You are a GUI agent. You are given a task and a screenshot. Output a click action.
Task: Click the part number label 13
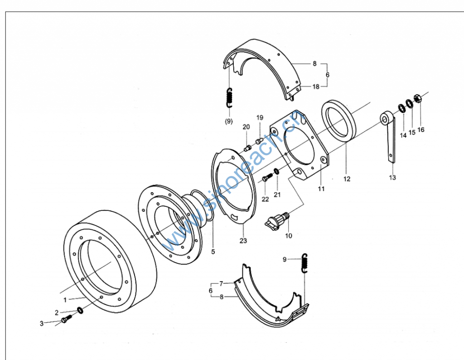(x=392, y=177)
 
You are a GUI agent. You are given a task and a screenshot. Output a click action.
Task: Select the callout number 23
(x=243, y=241)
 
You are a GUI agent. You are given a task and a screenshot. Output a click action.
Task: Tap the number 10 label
(x=289, y=236)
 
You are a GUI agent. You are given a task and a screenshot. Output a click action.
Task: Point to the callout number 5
(x=213, y=251)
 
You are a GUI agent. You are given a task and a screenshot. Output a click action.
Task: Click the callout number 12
(x=347, y=179)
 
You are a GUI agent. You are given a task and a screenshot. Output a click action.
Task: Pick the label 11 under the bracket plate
(x=321, y=189)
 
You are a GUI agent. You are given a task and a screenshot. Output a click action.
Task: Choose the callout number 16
(x=421, y=130)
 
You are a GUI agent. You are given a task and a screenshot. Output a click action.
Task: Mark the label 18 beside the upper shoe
(x=316, y=86)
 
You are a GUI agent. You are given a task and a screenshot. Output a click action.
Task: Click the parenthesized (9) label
(x=229, y=121)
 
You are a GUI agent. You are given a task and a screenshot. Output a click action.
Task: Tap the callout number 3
(x=41, y=323)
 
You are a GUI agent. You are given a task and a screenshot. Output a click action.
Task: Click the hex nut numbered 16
(x=419, y=98)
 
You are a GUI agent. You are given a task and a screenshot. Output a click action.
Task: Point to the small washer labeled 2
(x=80, y=310)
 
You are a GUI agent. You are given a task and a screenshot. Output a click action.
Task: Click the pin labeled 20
(x=247, y=148)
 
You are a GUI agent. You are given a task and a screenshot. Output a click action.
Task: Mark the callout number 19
(x=260, y=118)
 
